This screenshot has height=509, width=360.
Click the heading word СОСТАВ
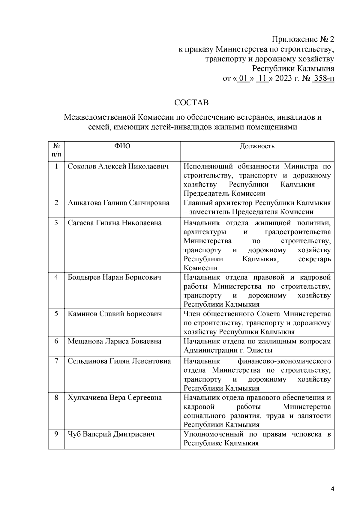point(191,103)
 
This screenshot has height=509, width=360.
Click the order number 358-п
point(323,79)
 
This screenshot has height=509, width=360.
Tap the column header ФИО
point(122,146)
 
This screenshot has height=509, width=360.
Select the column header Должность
point(257,146)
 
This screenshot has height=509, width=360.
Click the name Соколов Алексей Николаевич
point(118,166)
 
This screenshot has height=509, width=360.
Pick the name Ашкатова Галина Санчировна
point(118,203)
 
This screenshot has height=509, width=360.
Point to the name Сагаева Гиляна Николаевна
point(115,223)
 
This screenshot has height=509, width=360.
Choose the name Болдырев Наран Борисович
point(114,277)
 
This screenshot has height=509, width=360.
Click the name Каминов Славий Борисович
point(115,314)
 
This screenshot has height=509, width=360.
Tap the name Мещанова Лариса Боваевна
point(115,341)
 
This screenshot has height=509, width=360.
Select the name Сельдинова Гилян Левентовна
point(119,361)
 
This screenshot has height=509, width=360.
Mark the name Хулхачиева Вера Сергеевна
point(115,398)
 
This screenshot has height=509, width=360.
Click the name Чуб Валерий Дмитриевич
point(111,434)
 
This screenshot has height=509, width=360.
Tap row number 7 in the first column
point(56,361)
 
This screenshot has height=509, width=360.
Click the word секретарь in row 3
point(315,259)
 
